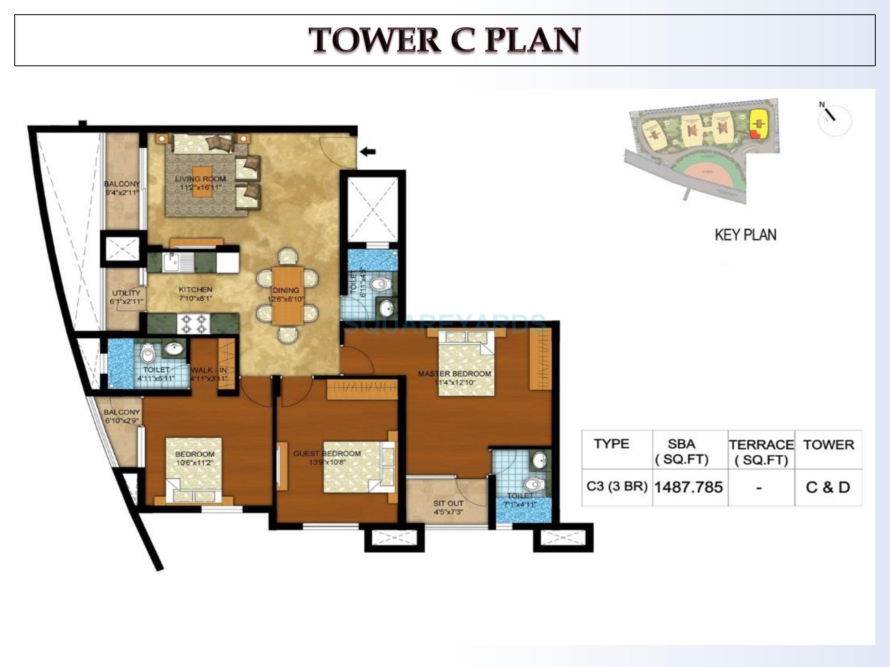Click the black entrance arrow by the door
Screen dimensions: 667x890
(368, 152)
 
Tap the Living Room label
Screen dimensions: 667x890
(200, 179)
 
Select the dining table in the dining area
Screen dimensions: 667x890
(288, 295)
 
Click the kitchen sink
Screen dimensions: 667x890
(172, 262)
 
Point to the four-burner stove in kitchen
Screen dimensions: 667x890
(194, 324)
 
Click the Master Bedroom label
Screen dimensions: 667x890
(454, 374)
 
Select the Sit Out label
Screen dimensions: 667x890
(448, 503)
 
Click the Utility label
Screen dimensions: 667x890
(126, 293)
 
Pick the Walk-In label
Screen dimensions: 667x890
(209, 370)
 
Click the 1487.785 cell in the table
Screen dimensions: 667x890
(688, 487)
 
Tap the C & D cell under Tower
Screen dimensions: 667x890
(828, 487)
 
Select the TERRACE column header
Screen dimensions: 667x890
(761, 445)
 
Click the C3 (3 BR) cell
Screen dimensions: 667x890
(617, 486)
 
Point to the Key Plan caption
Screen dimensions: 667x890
(745, 235)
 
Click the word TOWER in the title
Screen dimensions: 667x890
(375, 40)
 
